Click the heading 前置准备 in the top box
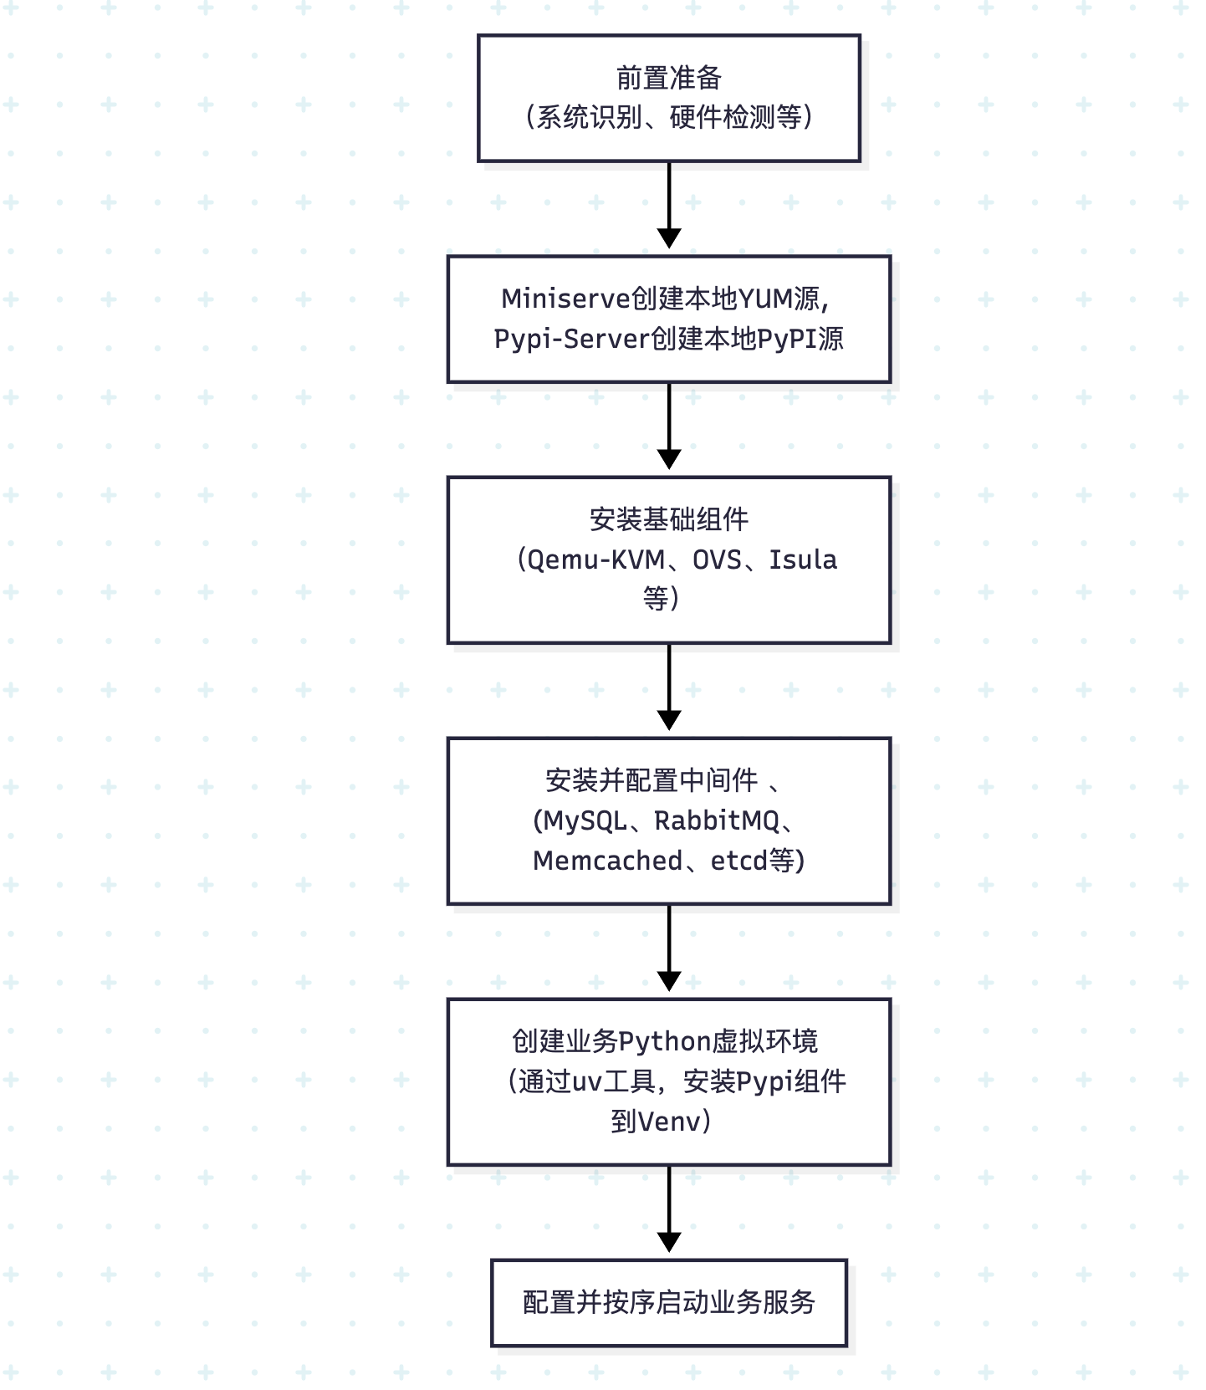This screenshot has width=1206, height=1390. coord(668,78)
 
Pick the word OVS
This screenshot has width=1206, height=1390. coord(717,560)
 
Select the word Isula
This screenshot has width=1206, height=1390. coord(803,560)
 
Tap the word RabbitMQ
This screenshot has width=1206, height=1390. coord(717,820)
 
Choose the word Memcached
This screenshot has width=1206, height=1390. coord(607,861)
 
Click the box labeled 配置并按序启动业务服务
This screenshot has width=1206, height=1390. coord(669,1302)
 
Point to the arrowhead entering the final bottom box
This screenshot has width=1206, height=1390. coord(669,1243)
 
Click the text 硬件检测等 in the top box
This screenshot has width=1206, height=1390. coord(736,117)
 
